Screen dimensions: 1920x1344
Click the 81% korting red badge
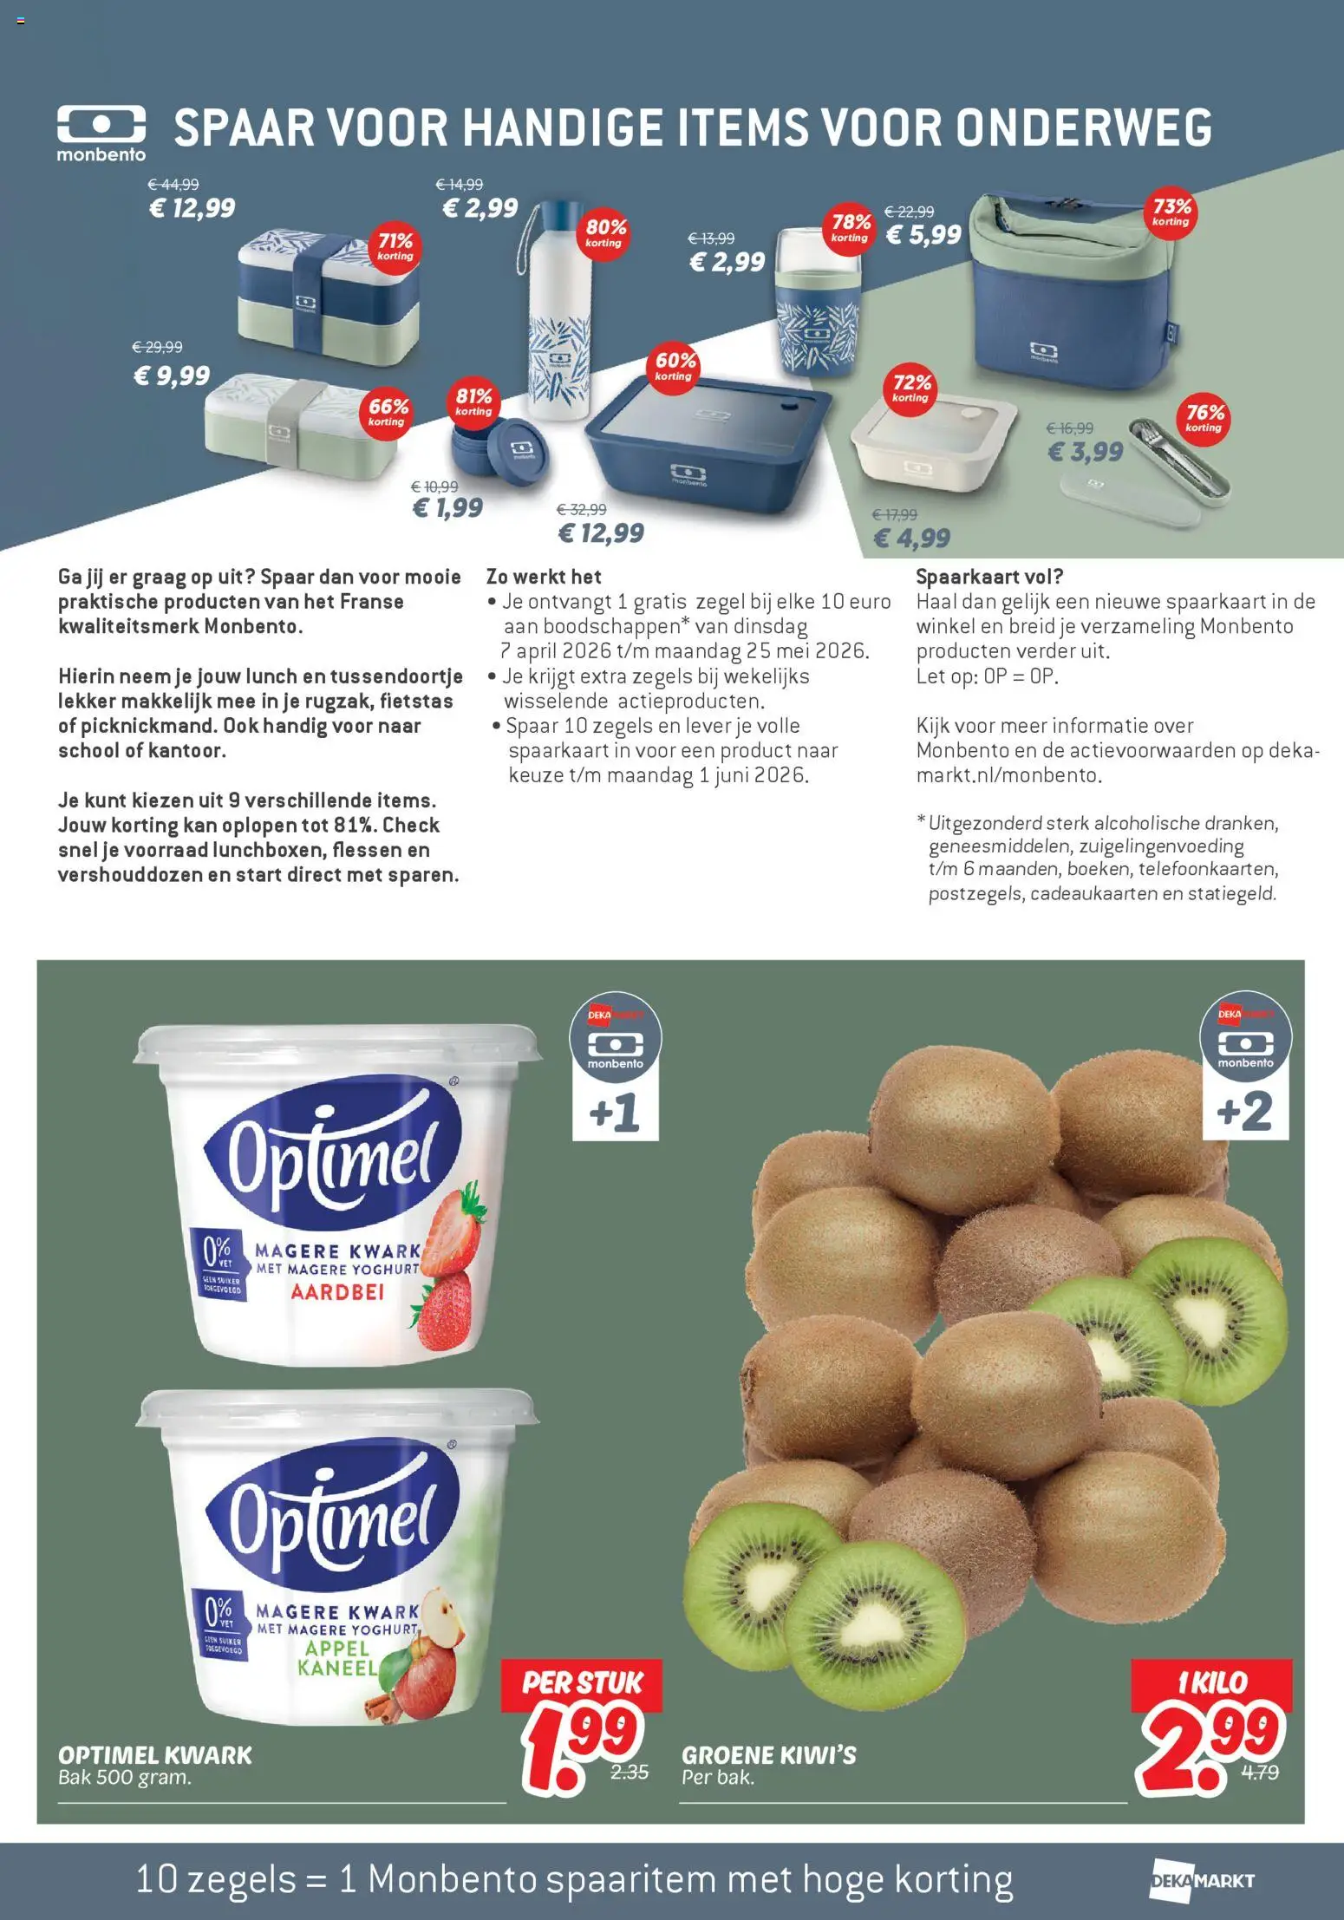coord(473,402)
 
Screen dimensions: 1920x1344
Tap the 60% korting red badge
coord(675,365)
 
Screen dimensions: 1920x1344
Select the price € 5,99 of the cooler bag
coord(923,235)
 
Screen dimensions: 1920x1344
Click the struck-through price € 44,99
coord(173,185)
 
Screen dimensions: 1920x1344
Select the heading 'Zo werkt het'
coord(544,577)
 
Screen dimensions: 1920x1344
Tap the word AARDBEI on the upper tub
coord(337,1292)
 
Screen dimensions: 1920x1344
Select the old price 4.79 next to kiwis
coord(1259,1773)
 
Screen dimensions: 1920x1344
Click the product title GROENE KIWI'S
coord(768,1755)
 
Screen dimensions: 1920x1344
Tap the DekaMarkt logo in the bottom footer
coord(1202,1881)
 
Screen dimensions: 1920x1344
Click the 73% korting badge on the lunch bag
coord(1171,212)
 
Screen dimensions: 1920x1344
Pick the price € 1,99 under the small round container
coord(447,507)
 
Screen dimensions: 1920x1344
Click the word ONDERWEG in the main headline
coord(1084,128)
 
